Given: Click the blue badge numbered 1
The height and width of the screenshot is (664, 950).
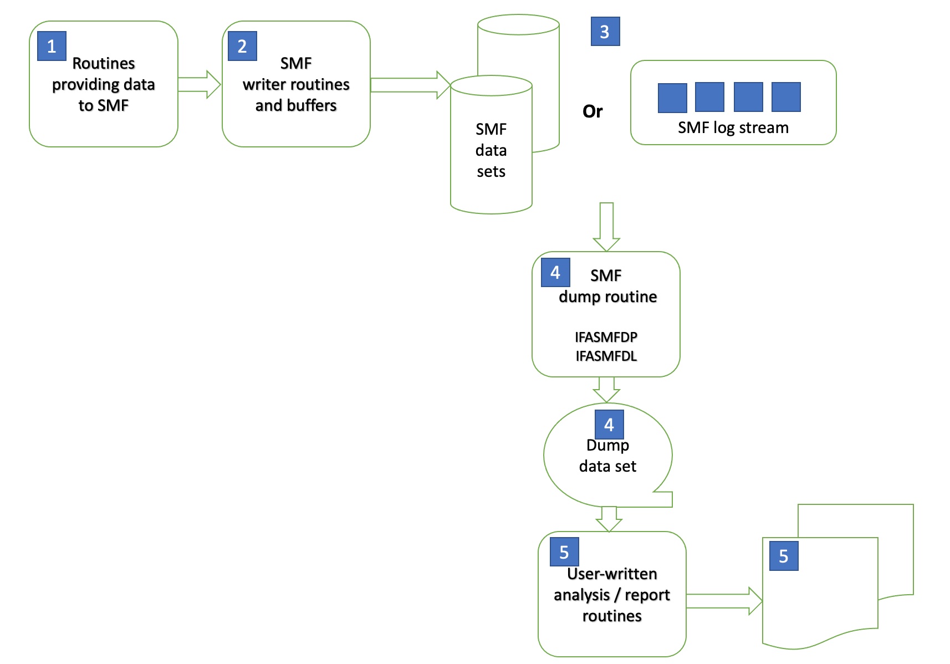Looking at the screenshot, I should tap(52, 46).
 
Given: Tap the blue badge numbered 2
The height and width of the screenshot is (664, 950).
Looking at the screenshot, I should tap(242, 46).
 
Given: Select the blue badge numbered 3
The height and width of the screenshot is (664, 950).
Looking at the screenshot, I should tap(605, 32).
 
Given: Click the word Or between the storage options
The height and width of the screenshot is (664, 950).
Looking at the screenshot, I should tap(592, 111).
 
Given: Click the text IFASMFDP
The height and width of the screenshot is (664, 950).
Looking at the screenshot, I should tap(606, 337).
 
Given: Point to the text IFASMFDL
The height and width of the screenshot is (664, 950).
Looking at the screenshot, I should tap(606, 356).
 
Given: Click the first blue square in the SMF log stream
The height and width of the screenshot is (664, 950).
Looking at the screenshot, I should tap(672, 98).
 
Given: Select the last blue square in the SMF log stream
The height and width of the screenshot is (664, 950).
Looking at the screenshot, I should tap(785, 97).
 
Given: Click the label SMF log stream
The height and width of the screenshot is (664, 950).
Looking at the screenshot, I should tap(733, 127).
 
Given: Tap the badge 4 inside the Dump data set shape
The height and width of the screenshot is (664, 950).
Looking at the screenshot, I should tap(609, 425).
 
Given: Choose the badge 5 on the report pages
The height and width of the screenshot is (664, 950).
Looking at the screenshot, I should tap(783, 556).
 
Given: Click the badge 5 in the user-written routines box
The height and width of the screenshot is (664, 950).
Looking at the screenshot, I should tap(564, 552).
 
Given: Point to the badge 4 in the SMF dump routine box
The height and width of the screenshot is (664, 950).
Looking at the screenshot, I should tap(555, 272).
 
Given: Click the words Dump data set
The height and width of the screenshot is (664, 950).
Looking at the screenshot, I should tap(607, 456).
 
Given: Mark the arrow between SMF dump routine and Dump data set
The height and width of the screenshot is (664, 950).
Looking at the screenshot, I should tap(606, 390).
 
